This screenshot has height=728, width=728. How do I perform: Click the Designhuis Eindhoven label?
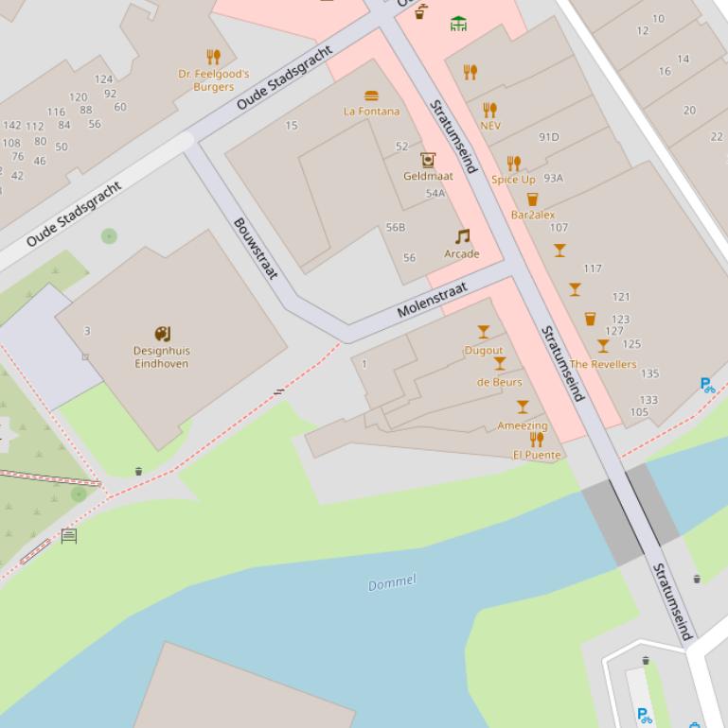pos(161,357)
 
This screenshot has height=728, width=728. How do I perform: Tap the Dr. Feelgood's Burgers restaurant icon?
pos(213,57)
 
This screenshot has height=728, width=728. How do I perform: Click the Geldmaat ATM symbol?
pos(428,160)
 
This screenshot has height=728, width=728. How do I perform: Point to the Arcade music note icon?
pos(462,236)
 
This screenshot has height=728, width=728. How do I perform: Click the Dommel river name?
pos(392,582)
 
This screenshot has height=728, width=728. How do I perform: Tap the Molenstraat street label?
pos(432,300)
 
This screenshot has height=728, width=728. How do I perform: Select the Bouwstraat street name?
pos(256,249)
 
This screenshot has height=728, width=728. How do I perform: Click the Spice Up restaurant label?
pos(513,180)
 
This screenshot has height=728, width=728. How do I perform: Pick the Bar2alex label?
pos(533,216)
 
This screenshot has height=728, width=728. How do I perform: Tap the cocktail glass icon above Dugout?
pos(484,332)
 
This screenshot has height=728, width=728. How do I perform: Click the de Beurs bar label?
pos(499,382)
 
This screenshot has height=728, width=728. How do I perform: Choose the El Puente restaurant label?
pos(537,455)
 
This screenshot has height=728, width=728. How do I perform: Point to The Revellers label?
pos(603,364)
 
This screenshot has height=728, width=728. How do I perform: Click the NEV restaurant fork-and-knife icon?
pos(489,111)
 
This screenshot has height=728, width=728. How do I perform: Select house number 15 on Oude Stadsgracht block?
pos(291,126)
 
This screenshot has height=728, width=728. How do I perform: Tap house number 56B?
pos(396,228)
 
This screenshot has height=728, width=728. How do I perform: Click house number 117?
pos(593,269)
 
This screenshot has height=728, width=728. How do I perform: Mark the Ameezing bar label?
pos(523,425)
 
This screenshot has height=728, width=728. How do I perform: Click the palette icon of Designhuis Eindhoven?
pos(162,334)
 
